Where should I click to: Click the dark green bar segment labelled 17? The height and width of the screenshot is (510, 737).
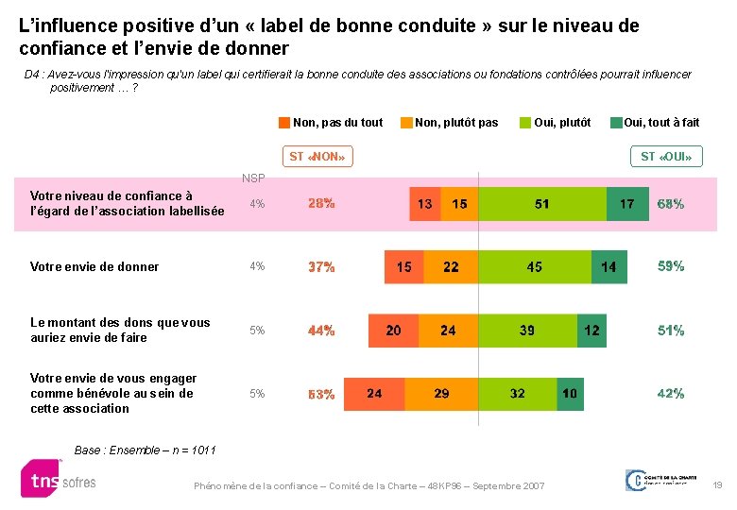tap(627, 204)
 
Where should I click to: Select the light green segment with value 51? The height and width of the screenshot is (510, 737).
tap(541, 204)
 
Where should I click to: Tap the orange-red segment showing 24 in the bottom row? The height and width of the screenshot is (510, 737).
tap(375, 394)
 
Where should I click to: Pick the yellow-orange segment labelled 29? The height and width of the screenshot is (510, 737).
tap(442, 394)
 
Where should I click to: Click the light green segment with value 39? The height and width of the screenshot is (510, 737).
tap(527, 331)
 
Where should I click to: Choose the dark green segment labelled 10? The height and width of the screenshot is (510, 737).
tap(570, 394)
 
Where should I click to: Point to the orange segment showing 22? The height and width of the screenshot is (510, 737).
tap(452, 267)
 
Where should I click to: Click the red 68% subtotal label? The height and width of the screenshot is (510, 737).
tap(671, 204)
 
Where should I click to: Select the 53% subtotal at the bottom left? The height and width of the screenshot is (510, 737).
tap(321, 395)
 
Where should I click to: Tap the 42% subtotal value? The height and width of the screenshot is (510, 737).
tap(671, 394)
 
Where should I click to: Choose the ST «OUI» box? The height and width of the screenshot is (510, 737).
tap(666, 156)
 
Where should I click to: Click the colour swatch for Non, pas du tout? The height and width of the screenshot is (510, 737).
tap(284, 122)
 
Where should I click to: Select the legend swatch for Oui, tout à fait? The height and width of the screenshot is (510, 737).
tap(616, 122)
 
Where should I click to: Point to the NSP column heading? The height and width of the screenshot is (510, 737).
tap(253, 178)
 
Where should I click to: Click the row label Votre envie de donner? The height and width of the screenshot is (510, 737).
tap(94, 267)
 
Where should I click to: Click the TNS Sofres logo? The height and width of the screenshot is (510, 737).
tap(59, 479)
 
